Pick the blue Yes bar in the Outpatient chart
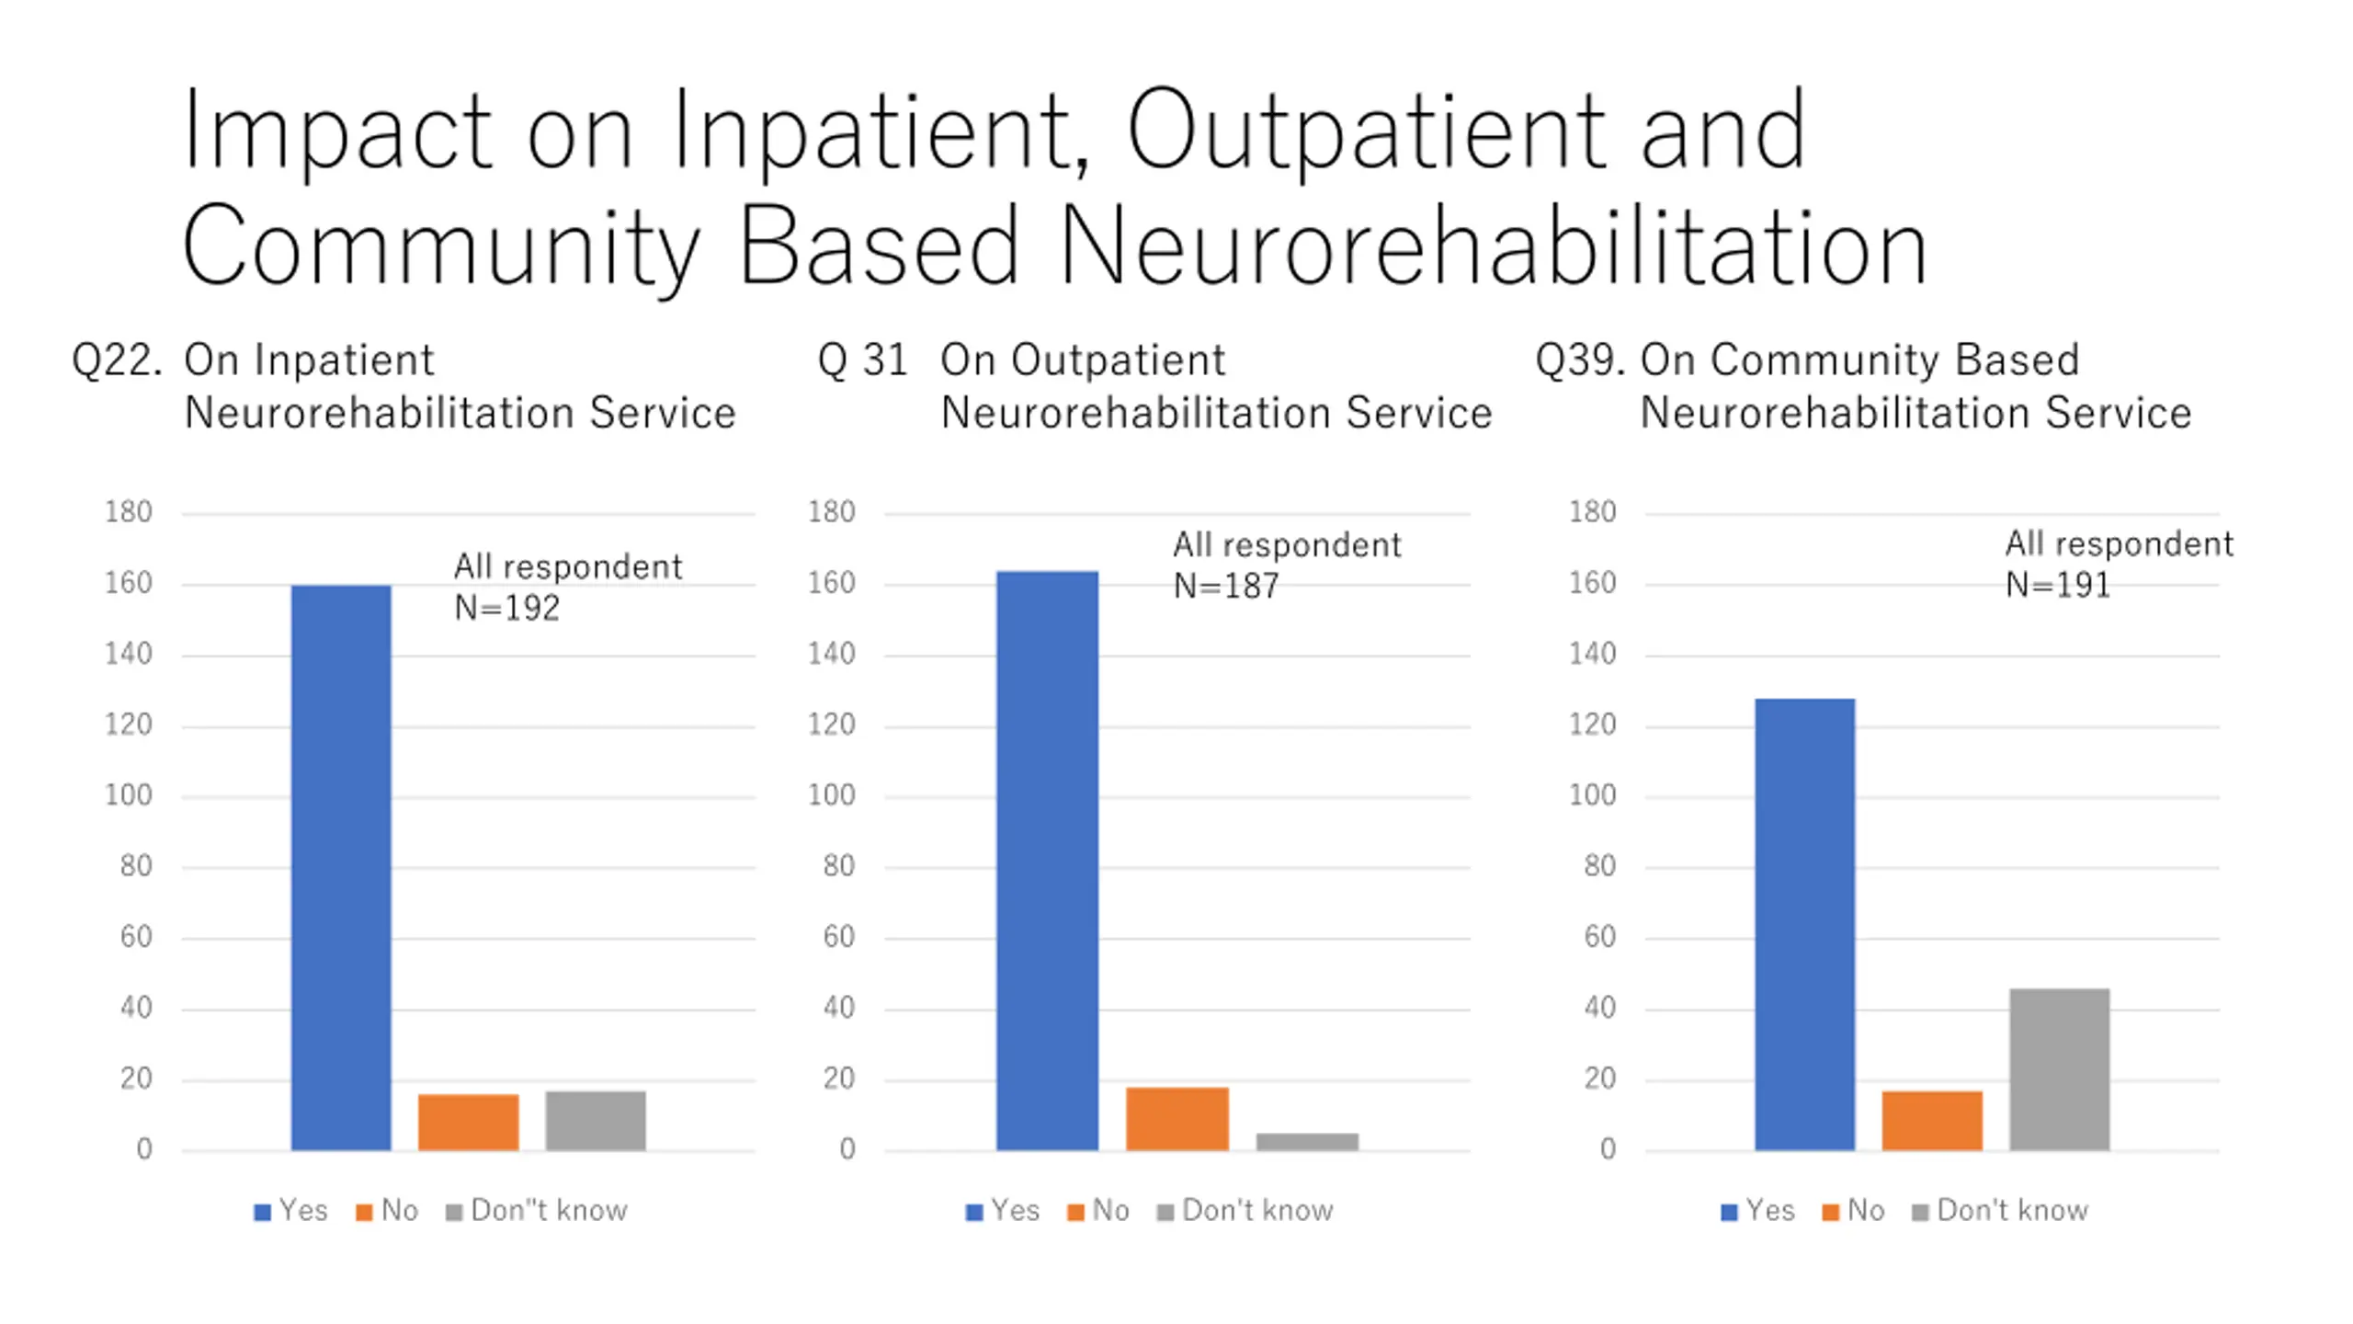(1047, 861)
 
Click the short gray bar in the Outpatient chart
(1307, 1141)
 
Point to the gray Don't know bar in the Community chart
(2059, 1069)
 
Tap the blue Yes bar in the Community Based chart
(1804, 924)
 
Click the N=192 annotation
(506, 608)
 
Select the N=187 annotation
(1225, 586)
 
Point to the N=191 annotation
(2057, 585)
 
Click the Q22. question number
(117, 360)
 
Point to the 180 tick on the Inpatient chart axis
(128, 512)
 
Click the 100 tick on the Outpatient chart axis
(831, 795)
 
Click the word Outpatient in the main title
(1366, 131)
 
